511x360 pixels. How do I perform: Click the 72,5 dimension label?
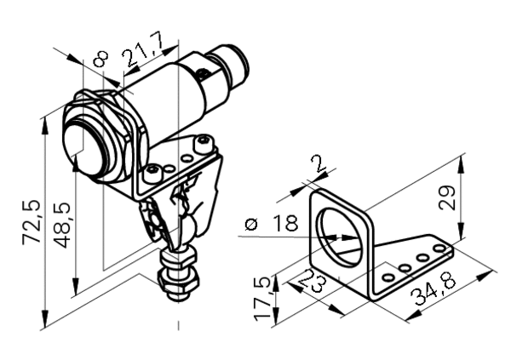pyautogui.click(x=32, y=222)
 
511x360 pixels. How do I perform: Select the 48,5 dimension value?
pyautogui.click(x=62, y=225)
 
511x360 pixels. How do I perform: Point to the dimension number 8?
pyautogui.click(x=100, y=59)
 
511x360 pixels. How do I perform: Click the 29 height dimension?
pyautogui.click(x=447, y=198)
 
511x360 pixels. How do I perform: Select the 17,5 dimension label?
pyautogui.click(x=263, y=298)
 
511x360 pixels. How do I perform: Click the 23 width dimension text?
pyautogui.click(x=313, y=281)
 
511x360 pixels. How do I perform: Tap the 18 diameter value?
pyautogui.click(x=286, y=223)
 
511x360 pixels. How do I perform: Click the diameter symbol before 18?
pyautogui.click(x=251, y=224)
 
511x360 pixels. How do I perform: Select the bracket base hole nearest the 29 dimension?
pyautogui.click(x=439, y=249)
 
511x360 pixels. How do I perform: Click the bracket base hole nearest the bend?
pyautogui.click(x=388, y=277)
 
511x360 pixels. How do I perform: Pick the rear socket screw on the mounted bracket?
pyautogui.click(x=204, y=145)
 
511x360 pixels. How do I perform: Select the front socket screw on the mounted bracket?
pyautogui.click(x=152, y=173)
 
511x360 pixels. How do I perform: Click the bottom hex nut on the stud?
pyautogui.click(x=178, y=281)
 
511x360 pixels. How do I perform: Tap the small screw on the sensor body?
pyautogui.click(x=204, y=72)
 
